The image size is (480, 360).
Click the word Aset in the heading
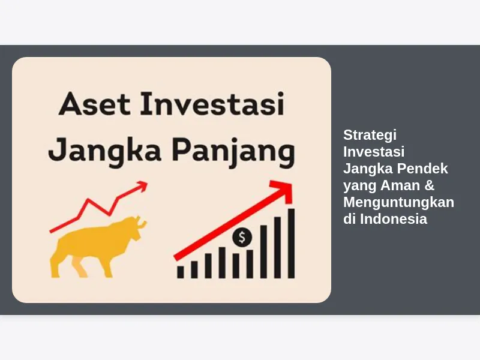(94, 103)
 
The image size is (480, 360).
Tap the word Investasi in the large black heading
(212, 103)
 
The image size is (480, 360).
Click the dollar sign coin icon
(242, 237)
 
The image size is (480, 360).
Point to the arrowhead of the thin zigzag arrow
(142, 185)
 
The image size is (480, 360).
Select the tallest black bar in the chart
(291, 244)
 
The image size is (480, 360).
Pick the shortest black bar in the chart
(181, 272)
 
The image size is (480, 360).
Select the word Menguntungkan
(398, 202)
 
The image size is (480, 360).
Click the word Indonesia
(394, 219)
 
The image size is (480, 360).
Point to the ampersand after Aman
(430, 185)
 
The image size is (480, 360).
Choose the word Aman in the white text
(400, 185)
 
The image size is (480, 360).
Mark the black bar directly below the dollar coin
(250, 264)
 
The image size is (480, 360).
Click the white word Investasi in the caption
(374, 152)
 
